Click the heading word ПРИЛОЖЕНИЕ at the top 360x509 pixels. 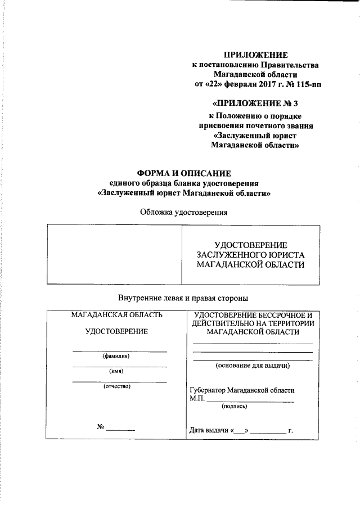tap(256, 55)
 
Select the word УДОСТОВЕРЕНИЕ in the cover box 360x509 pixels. tap(251, 245)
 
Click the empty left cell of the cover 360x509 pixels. tap(114, 254)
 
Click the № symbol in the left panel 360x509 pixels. tap(101, 427)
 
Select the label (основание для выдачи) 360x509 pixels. tap(253, 366)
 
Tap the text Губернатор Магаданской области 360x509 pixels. tap(242, 390)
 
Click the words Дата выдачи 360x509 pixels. tap(210, 431)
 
